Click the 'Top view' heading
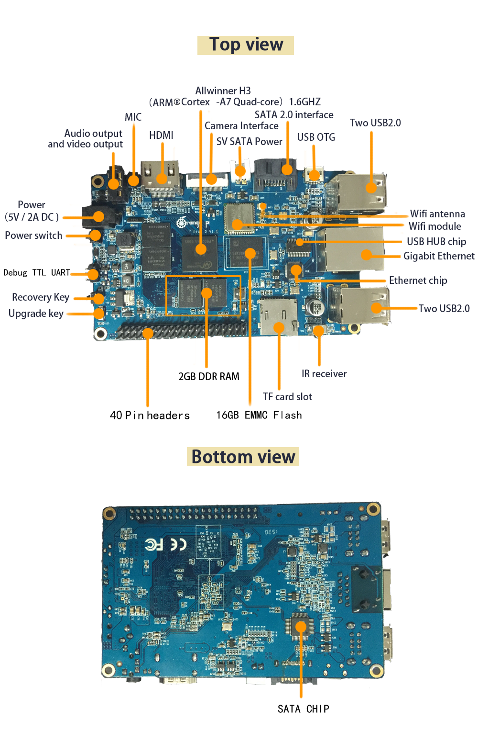pos(246,45)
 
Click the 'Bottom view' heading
pos(243,457)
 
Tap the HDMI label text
pos(161,135)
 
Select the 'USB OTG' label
pos(316,137)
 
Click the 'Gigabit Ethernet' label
pos(439,256)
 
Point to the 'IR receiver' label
pos(324,374)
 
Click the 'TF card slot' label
pos(287,397)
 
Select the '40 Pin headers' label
pos(150,416)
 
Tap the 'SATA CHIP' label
pos(303,709)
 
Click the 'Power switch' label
pos(33,236)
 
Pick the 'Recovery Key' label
pos(41,297)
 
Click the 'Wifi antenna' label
pos(437,214)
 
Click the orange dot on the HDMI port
pos(162,179)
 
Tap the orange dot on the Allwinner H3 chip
pos(201,249)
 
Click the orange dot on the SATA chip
pos(301,626)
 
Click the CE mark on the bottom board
pos(178,544)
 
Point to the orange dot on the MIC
pos(133,180)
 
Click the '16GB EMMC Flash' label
pos(259,416)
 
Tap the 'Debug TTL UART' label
pos(36,273)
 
